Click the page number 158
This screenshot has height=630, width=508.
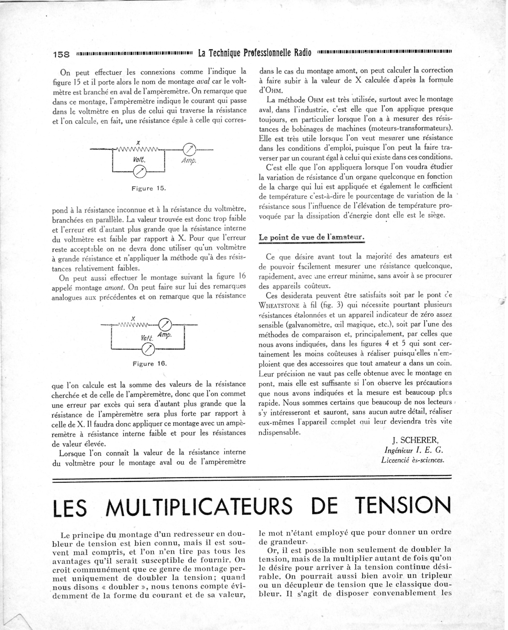(x=61, y=54)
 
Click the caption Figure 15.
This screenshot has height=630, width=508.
(x=149, y=188)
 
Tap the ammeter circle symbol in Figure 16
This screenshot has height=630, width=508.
(x=165, y=324)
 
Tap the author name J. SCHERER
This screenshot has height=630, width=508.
(x=415, y=440)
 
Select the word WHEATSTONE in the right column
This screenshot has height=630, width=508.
(x=279, y=306)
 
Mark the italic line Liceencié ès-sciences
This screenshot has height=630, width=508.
(x=413, y=460)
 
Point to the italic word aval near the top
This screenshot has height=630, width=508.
(x=203, y=82)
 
